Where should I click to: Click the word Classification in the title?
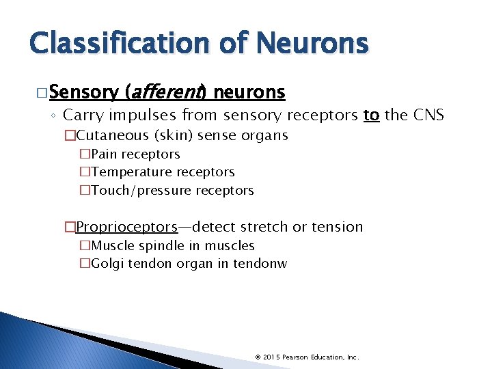click(122, 44)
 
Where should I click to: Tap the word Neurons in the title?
click(312, 44)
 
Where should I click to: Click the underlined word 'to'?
click(371, 115)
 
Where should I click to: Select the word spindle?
click(151, 245)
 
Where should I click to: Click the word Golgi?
click(105, 263)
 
